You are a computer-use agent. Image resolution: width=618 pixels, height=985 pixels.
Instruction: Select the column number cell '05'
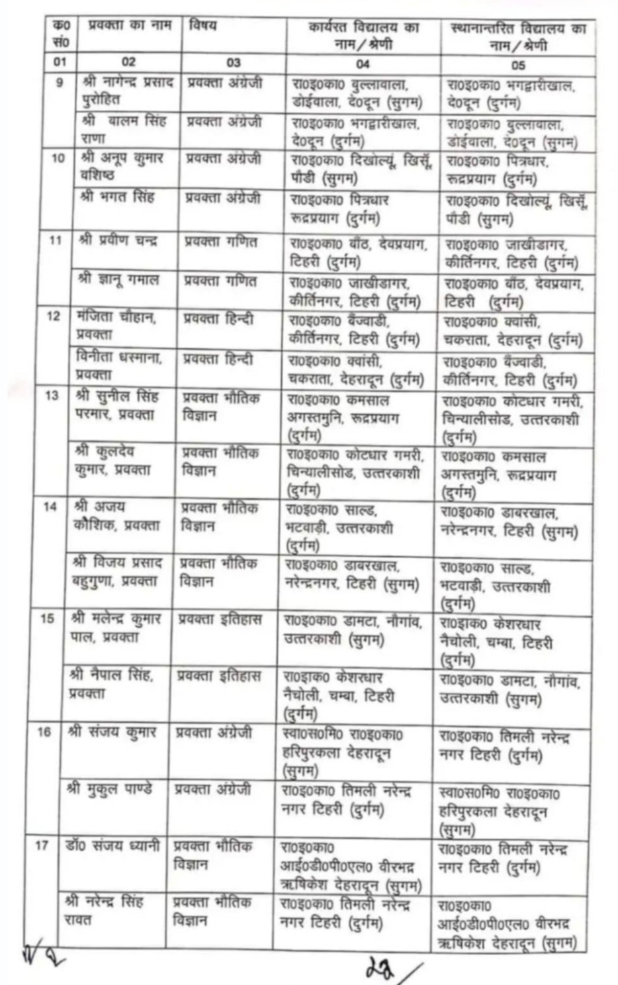pyautogui.click(x=518, y=65)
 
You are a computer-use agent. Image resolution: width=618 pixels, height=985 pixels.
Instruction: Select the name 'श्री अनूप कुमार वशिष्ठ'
pyautogui.click(x=123, y=167)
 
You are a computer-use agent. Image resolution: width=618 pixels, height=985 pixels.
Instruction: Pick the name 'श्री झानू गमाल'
pyautogui.click(x=119, y=280)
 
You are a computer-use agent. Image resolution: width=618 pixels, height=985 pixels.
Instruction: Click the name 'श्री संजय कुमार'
pyautogui.click(x=112, y=732)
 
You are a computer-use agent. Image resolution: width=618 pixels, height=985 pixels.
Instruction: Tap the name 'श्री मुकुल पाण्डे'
pyautogui.click(x=110, y=788)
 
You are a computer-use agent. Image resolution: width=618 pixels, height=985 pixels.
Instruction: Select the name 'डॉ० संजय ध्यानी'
pyautogui.click(x=112, y=845)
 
